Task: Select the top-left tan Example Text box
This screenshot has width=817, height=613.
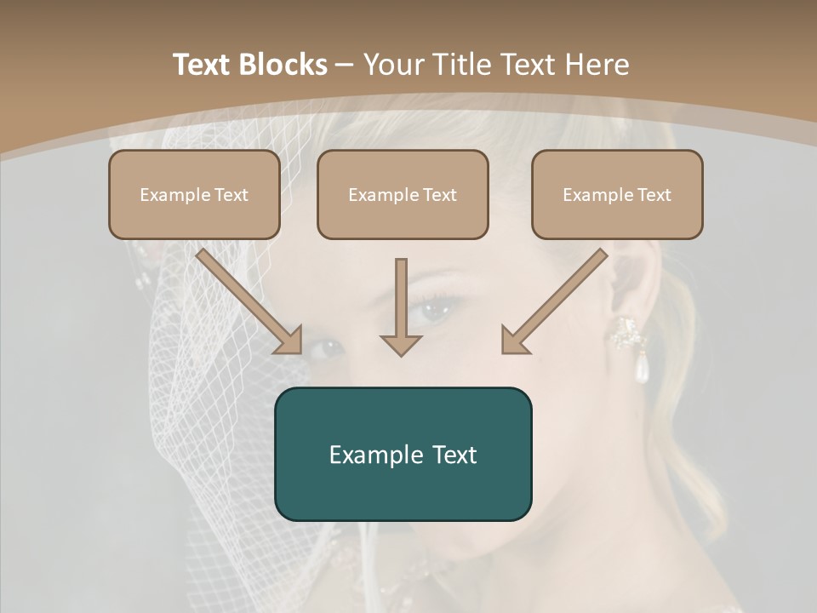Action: point(194,194)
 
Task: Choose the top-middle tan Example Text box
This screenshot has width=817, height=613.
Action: point(403,194)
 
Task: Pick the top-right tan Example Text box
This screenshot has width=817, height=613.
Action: point(617,194)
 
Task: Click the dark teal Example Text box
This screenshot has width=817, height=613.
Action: point(403,454)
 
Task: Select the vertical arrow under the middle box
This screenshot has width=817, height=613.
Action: point(401,306)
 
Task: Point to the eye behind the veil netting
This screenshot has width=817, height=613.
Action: point(324,347)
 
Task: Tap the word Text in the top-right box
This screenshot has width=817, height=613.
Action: point(654,194)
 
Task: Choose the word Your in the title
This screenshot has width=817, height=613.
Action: point(393,65)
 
